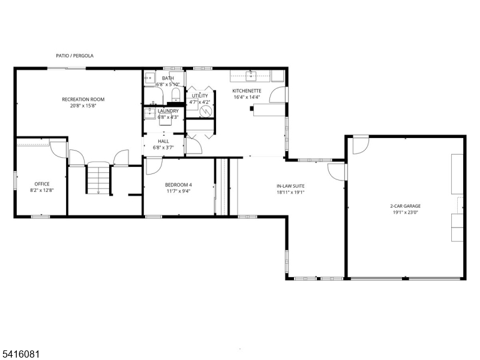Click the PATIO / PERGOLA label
click(x=74, y=56)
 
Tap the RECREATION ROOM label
click(x=83, y=99)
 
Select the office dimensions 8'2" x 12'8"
click(x=42, y=190)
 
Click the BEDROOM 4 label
click(x=178, y=185)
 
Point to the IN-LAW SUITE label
click(x=290, y=186)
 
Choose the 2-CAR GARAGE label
click(x=406, y=206)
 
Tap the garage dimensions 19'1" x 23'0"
click(x=406, y=212)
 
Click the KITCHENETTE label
click(x=247, y=91)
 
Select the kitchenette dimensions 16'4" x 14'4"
click(x=247, y=97)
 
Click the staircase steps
click(x=98, y=179)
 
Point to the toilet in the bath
click(x=176, y=94)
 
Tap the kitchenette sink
click(x=251, y=76)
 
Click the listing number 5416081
click(x=20, y=354)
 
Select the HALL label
click(x=163, y=142)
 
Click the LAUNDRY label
click(x=168, y=111)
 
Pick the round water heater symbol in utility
click(x=206, y=111)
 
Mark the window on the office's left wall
click(x=15, y=181)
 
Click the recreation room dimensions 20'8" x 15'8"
click(x=83, y=106)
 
